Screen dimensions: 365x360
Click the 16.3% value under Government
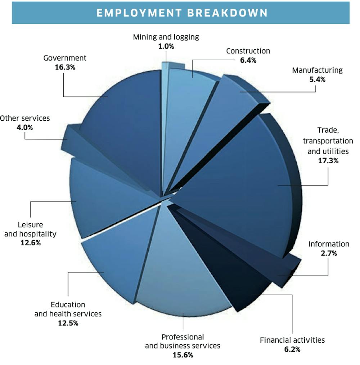65,67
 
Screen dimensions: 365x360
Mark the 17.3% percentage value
328,161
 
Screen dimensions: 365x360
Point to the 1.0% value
166,46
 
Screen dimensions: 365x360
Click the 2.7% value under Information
329,253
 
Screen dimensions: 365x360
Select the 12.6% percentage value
30,243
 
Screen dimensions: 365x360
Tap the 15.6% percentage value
183,355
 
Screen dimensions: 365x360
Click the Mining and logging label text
166,37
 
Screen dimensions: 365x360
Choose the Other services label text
25,118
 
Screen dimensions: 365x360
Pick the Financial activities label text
292,340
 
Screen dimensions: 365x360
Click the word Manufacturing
317,70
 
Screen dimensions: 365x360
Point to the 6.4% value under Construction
248,60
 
